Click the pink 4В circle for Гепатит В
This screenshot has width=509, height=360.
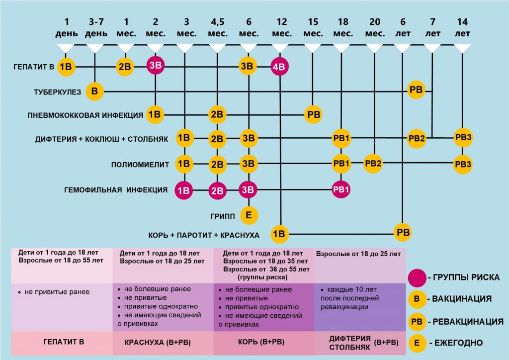coord(279,67)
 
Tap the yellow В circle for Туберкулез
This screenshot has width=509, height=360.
coord(94,91)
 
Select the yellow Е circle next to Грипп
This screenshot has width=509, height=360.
coord(249,215)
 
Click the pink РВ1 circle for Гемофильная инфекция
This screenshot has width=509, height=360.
coord(341,189)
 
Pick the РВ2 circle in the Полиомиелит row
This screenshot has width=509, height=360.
coord(373,163)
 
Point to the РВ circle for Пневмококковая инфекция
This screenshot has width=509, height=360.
coord(313,114)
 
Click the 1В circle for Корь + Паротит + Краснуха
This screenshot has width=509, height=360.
coord(279,234)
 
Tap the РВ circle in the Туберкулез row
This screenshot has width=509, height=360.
coord(416,90)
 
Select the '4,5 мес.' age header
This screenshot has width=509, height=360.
coord(218,27)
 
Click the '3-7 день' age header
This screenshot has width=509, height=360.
coord(96,27)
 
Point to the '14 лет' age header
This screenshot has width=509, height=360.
coord(462,27)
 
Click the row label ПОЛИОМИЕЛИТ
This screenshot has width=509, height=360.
coord(140,165)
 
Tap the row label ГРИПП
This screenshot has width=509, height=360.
coord(222,216)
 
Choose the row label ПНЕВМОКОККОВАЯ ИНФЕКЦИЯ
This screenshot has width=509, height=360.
coord(85,115)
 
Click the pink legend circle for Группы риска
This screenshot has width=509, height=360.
coord(417,278)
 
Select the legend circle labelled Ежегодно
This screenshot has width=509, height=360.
coord(417,343)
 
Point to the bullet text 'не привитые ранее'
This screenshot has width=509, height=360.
coord(57,292)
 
